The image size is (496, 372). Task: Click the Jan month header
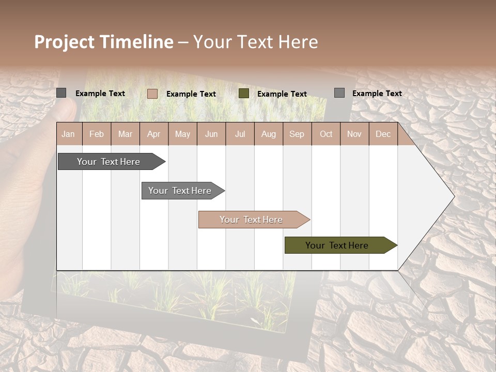68,134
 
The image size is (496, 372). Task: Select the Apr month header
153,134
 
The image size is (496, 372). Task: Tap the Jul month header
240,134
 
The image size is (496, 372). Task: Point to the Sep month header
297,134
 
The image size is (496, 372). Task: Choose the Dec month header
383,134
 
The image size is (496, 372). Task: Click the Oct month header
326,134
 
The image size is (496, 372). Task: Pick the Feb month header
97,134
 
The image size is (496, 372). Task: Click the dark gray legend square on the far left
61,93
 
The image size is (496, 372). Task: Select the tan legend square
152,94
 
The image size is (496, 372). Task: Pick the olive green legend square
244,94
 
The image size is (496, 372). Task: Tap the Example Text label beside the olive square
282,94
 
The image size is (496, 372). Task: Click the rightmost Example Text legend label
377,94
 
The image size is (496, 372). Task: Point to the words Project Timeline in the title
103,42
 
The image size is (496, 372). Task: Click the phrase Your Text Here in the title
255,42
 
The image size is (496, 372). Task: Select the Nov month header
354,134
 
